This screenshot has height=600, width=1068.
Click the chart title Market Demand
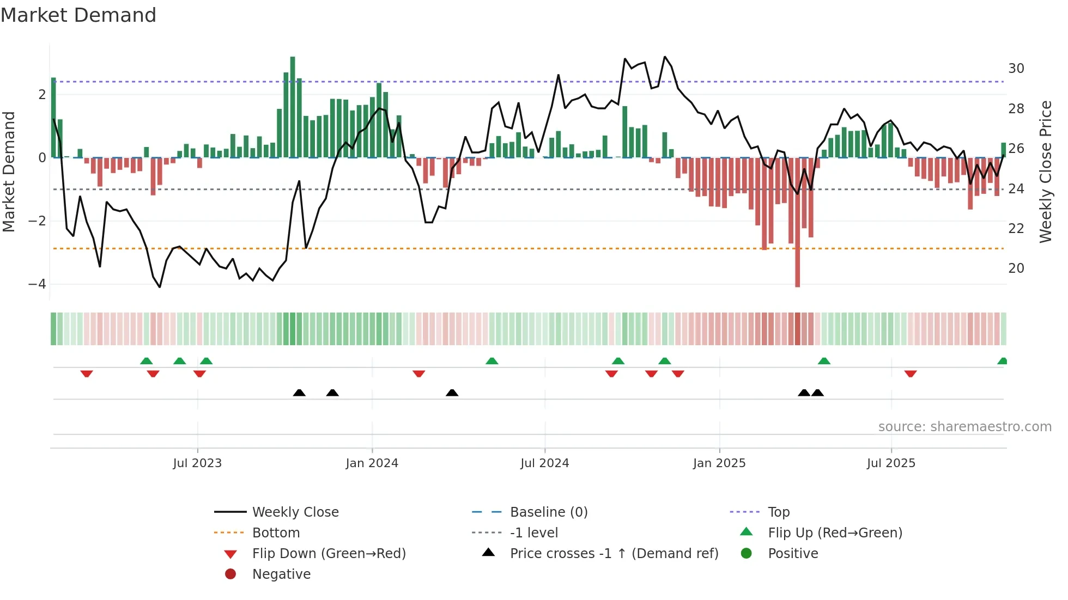(x=78, y=15)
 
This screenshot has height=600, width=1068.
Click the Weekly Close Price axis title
(x=1045, y=172)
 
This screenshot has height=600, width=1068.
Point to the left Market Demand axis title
(x=9, y=172)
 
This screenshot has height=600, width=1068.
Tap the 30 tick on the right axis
(x=1016, y=69)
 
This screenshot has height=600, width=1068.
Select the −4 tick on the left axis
(x=37, y=284)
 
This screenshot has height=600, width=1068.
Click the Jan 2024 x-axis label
(x=372, y=463)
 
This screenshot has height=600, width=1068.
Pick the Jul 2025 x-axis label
(x=891, y=463)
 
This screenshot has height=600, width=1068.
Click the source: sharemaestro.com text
(x=964, y=427)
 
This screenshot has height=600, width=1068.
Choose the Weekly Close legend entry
(x=295, y=512)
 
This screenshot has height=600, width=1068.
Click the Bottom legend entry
(x=276, y=533)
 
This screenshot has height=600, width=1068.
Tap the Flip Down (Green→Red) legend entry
(x=329, y=554)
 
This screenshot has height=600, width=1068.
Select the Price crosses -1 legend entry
(x=614, y=554)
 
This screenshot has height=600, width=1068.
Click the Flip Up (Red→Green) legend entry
(x=835, y=533)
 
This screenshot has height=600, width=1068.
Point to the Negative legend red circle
(x=230, y=574)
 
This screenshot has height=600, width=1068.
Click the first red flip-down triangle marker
(x=87, y=374)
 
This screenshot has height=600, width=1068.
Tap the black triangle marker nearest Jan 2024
(x=332, y=393)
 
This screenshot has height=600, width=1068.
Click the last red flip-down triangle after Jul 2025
(x=910, y=374)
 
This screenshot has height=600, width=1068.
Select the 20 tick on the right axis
(x=1016, y=268)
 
